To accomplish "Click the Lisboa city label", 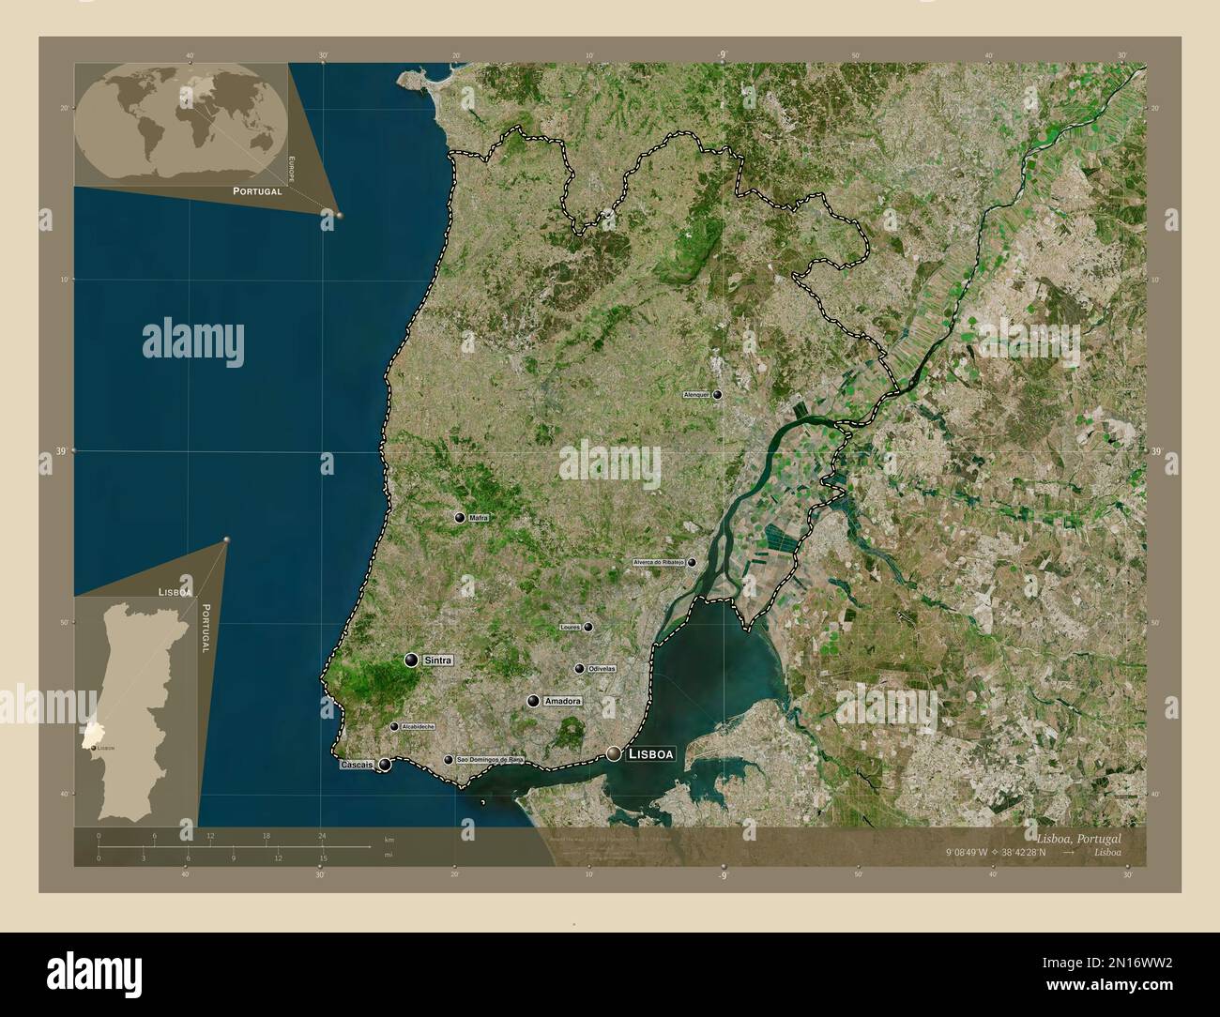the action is [x=651, y=753].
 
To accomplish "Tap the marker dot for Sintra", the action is [x=411, y=660].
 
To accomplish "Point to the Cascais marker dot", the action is [x=385, y=765].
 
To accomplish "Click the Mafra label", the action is [x=480, y=517].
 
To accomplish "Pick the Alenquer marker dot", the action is [x=717, y=396].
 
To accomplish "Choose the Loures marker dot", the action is [x=588, y=627].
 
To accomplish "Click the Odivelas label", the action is [x=602, y=668].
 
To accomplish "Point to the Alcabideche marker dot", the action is [x=394, y=726].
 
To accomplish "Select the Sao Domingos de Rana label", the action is [x=489, y=759].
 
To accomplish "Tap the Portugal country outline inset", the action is [x=137, y=708].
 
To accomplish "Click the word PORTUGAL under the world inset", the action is [x=257, y=190].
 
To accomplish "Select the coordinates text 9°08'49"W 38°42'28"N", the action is [x=1003, y=852].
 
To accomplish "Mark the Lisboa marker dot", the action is [x=614, y=753].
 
